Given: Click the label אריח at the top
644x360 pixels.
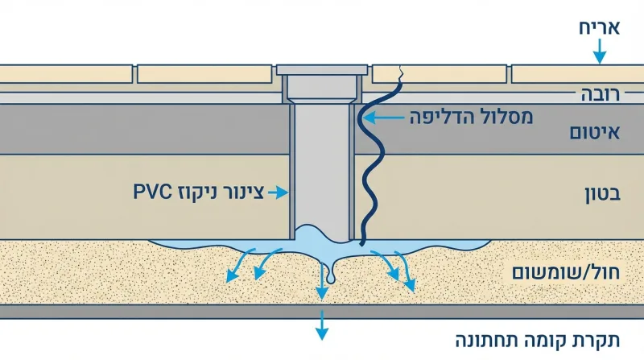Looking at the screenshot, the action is click(599, 28).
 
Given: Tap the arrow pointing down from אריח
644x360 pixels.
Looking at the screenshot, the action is click(600, 52).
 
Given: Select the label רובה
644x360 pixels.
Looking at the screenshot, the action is click(600, 94).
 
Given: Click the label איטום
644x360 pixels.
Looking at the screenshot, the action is click(594, 132).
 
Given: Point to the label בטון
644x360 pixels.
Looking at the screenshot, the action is click(602, 194).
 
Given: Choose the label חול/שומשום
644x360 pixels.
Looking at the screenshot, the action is click(566, 273).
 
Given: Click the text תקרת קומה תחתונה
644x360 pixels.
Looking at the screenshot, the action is click(538, 341).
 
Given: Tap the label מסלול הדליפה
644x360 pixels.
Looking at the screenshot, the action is click(471, 118).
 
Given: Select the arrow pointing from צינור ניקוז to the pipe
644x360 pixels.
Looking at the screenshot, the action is click(278, 192).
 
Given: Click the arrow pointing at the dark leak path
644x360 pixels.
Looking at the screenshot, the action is click(384, 118).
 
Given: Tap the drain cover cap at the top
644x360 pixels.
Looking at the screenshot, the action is click(322, 69).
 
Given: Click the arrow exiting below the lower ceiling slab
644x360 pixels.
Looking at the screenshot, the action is click(322, 325).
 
